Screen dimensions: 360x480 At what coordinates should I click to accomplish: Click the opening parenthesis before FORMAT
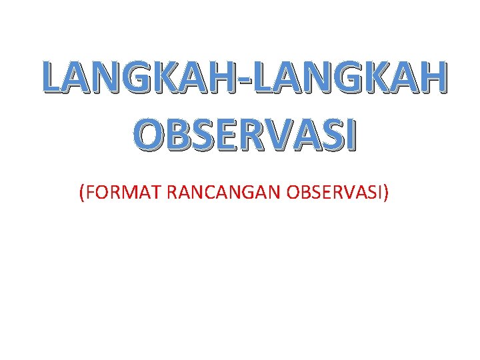(x=81, y=193)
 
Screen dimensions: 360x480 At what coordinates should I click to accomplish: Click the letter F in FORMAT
(x=90, y=193)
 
